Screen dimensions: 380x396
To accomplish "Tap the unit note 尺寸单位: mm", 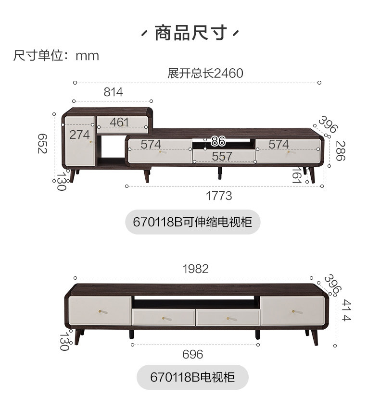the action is (x=56, y=56).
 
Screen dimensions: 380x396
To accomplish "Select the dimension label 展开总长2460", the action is (x=205, y=73).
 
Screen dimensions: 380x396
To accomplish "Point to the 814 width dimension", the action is (x=114, y=92).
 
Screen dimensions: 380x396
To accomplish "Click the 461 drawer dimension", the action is (x=119, y=122).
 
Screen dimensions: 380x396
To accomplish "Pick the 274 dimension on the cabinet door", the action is (x=79, y=135).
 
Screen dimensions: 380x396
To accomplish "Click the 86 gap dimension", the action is (x=218, y=141).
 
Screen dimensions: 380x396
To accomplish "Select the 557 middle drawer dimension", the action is (x=222, y=156).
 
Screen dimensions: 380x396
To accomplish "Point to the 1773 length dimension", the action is (x=219, y=196).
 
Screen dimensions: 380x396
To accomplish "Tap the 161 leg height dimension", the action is (x=296, y=175).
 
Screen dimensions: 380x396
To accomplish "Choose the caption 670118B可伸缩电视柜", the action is (x=192, y=222).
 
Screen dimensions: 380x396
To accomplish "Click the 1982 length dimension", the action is (x=196, y=269).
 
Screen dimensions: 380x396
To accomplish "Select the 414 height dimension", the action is (x=346, y=310).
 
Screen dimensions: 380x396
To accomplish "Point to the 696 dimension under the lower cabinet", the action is (x=193, y=354).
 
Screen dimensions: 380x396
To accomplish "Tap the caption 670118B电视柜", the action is (x=193, y=377).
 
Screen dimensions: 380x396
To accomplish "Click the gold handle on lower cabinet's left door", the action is (x=101, y=311).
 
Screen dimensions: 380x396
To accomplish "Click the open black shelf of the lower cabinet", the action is (x=196, y=303).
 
